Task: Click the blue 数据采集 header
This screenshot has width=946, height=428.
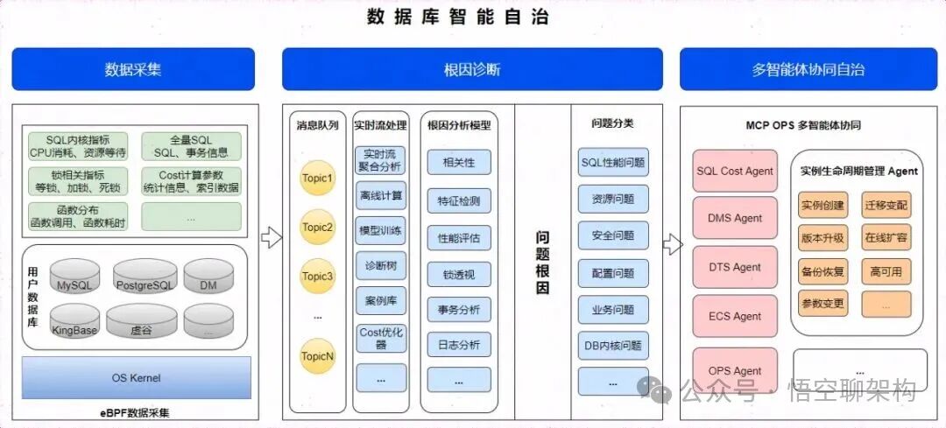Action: (133, 69)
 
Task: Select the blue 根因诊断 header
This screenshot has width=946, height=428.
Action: (472, 69)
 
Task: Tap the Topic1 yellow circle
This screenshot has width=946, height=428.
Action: (318, 179)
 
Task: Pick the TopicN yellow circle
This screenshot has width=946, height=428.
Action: (318, 356)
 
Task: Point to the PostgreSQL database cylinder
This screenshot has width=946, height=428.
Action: (145, 277)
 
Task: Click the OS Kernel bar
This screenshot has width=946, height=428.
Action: (136, 378)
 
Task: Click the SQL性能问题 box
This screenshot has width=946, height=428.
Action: (613, 162)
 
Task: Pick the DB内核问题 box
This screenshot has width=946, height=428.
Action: (613, 346)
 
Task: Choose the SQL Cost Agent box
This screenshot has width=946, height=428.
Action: (735, 171)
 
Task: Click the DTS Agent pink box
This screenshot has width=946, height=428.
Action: (735, 267)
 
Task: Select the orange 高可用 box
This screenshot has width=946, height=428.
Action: (886, 270)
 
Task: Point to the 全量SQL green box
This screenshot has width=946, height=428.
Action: (190, 146)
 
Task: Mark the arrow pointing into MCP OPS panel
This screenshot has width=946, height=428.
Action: (672, 244)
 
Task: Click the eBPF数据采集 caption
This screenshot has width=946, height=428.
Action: (135, 412)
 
